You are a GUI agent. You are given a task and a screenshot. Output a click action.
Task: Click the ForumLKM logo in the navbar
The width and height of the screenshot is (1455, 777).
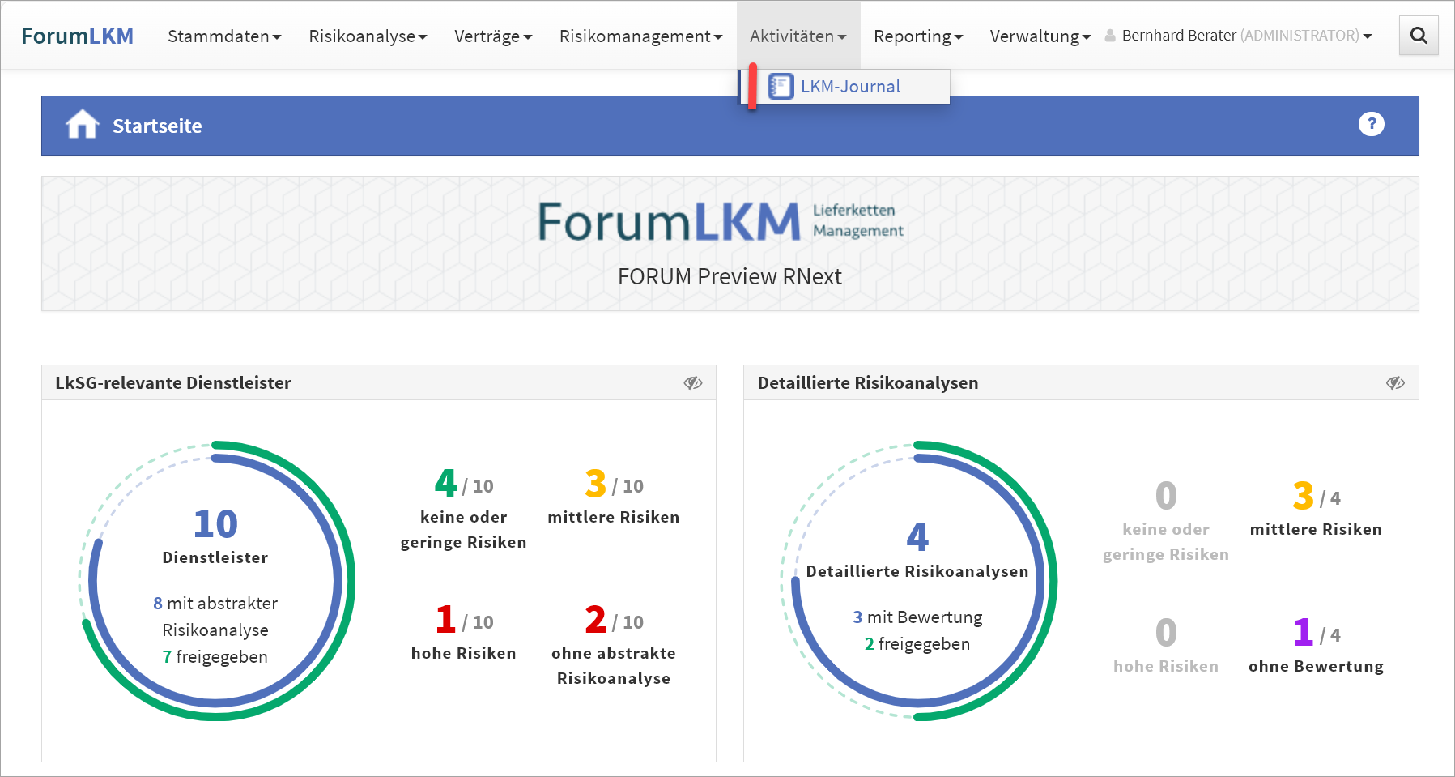point(77,36)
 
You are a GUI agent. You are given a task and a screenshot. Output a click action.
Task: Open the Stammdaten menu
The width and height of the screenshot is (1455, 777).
point(224,36)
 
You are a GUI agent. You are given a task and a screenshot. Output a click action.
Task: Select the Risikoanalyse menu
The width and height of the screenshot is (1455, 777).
point(368,36)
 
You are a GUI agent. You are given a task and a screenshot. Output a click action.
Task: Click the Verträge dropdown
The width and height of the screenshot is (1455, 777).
point(493,36)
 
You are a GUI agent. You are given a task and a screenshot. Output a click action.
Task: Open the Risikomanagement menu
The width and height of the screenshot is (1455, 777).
point(640,36)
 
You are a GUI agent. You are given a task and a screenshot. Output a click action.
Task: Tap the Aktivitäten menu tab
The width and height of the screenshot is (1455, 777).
point(798,36)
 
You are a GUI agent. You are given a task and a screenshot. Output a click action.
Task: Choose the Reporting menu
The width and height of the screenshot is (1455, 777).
point(918,36)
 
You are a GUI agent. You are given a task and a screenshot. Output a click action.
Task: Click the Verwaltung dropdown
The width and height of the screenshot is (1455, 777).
point(1040,36)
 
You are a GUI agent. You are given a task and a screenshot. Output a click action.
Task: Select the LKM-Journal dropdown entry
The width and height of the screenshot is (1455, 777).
point(849,87)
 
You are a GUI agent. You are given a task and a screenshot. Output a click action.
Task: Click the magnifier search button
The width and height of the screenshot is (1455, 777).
point(1419,36)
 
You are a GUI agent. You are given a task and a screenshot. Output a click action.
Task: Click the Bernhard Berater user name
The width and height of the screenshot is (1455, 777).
point(1178,36)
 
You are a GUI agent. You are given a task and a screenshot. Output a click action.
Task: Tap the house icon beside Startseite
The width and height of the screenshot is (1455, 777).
point(83,125)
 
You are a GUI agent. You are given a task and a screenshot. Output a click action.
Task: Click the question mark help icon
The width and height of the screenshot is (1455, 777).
point(1371,124)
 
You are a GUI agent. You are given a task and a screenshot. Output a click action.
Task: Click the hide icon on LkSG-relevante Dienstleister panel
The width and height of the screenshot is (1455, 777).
point(692,382)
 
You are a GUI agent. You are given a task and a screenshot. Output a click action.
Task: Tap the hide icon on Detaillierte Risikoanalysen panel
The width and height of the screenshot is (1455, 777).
point(1394,382)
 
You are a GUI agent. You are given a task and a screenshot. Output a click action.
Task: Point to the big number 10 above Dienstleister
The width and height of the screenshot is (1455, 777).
point(215,524)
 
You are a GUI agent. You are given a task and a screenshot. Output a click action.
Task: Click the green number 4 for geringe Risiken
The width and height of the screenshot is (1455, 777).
point(445,484)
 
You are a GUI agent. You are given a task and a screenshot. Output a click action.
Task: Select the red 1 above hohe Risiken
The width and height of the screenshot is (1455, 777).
point(445,620)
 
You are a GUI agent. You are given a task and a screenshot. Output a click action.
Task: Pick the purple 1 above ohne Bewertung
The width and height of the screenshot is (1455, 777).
point(1303,632)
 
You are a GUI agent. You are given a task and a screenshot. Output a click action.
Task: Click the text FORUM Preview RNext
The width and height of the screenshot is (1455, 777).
point(730,277)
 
